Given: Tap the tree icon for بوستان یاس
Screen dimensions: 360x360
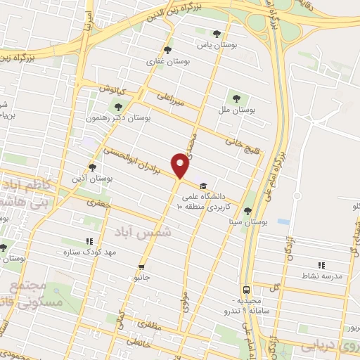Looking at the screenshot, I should [216, 34].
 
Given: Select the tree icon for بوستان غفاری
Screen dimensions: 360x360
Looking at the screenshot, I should [167, 50].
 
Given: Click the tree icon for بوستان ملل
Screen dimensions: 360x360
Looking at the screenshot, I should [236, 98].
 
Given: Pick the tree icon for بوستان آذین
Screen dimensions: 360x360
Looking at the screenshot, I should [92, 167].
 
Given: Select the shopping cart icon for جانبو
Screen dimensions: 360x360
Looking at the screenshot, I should [142, 266].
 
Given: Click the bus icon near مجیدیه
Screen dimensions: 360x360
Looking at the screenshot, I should [246, 289].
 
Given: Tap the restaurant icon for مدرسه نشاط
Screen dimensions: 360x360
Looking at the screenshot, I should [321, 265].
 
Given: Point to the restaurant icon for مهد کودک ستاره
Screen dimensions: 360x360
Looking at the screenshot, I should [88, 240].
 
